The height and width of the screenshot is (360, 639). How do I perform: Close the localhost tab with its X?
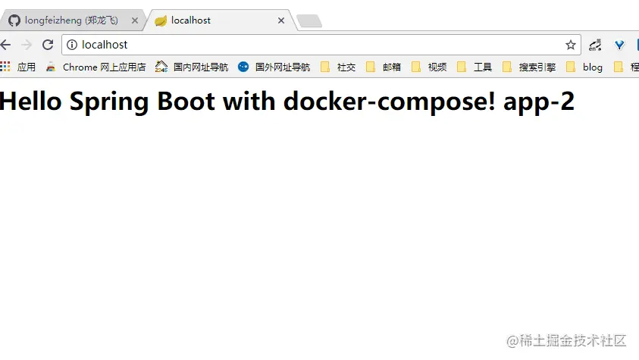click(x=281, y=20)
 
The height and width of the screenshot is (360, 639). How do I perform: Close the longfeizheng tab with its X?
click(x=135, y=20)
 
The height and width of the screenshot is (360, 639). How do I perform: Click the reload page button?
click(x=48, y=45)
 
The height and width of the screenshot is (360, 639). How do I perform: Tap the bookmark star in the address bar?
click(x=571, y=45)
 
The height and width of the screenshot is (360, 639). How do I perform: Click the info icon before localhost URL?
click(x=72, y=45)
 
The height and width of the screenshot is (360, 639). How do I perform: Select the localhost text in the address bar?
click(x=105, y=45)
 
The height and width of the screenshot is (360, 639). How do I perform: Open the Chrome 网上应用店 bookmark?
click(x=96, y=67)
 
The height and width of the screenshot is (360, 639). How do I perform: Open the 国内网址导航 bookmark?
click(x=192, y=67)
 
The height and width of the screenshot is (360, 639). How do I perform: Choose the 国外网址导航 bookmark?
click(x=274, y=67)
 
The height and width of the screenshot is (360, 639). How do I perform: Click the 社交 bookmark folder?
click(x=338, y=67)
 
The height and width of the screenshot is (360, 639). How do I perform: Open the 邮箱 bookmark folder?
click(x=384, y=67)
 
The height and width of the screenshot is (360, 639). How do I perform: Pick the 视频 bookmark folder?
click(x=429, y=67)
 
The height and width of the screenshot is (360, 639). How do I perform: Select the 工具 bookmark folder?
click(x=475, y=67)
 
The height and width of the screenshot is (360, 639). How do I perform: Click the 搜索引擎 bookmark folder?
click(x=529, y=67)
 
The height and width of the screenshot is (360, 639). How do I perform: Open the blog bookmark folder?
click(x=584, y=67)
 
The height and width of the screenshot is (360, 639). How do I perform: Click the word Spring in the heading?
click(x=109, y=102)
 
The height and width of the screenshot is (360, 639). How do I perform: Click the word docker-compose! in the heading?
click(x=389, y=102)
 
